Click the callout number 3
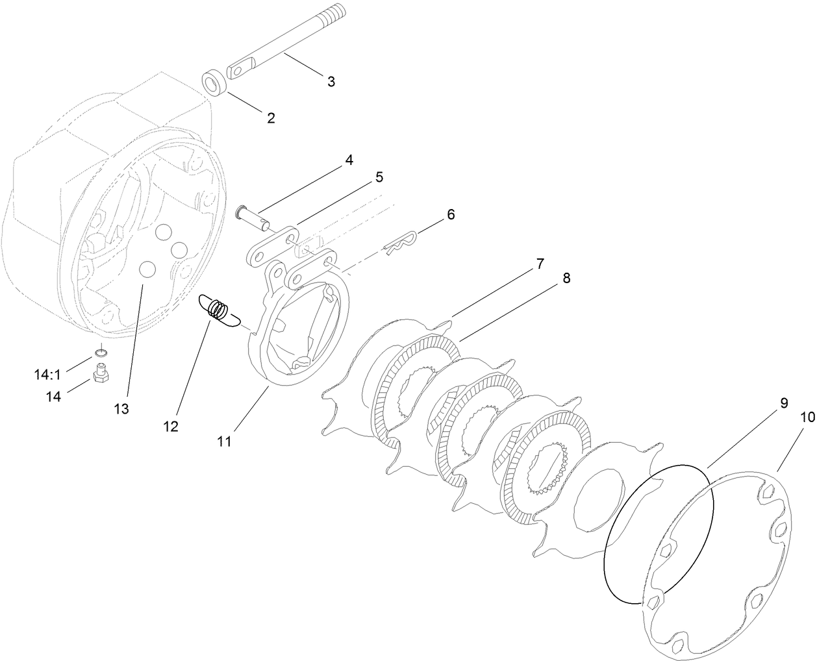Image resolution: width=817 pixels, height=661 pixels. [x=331, y=82]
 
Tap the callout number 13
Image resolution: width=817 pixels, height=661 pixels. [x=121, y=409]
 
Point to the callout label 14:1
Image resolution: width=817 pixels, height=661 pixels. [x=47, y=375]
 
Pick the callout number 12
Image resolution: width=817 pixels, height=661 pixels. [x=171, y=427]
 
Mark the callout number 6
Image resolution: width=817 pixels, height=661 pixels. [x=451, y=214]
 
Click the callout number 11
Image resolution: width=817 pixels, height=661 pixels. [x=224, y=442]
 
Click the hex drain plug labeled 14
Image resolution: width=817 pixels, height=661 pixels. [x=101, y=374]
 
